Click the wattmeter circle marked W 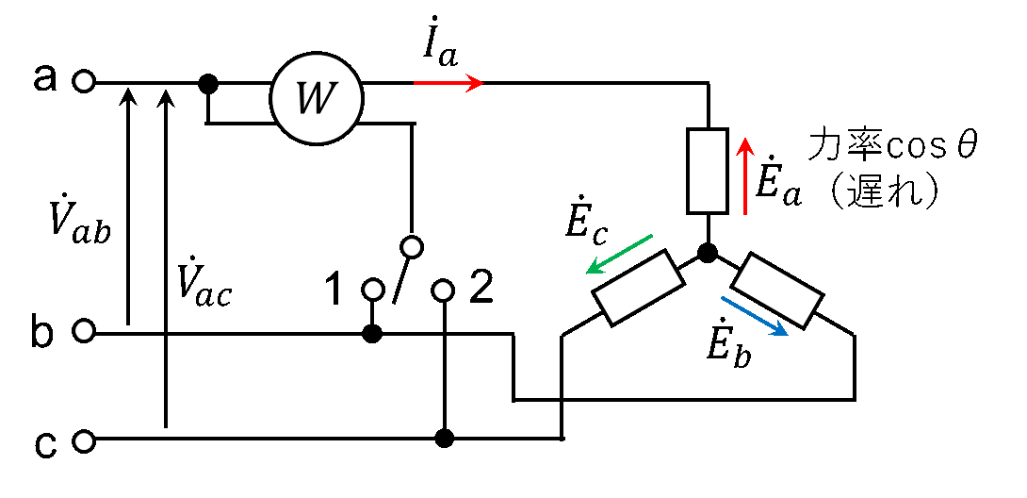[x=317, y=98]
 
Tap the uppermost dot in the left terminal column [x=84, y=81]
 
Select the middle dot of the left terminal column [x=84, y=330]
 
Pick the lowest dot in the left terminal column [x=84, y=441]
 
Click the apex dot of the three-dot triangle [x=412, y=247]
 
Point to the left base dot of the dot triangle [x=373, y=290]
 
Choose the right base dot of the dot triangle [x=443, y=290]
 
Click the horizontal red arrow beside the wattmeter [x=448, y=83]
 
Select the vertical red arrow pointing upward [x=745, y=176]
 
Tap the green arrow [x=619, y=254]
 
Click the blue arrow [x=755, y=316]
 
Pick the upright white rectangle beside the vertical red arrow [x=708, y=171]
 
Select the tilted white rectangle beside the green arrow [x=638, y=288]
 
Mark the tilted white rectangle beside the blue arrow [x=777, y=290]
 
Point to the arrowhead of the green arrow [x=591, y=271]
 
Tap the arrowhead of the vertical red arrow [x=745, y=142]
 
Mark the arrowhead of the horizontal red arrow [x=479, y=83]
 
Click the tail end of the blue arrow [x=723, y=299]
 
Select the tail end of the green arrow [x=651, y=236]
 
